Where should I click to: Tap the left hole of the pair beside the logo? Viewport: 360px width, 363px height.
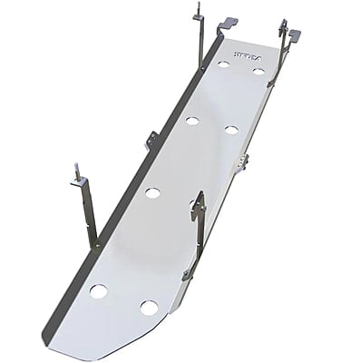tap(223, 64)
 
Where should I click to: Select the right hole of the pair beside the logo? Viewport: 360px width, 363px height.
tap(258, 71)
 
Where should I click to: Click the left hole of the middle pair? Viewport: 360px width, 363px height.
tap(192, 121)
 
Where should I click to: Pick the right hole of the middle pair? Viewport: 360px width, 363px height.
tap(231, 130)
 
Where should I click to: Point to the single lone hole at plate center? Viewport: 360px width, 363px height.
tap(152, 192)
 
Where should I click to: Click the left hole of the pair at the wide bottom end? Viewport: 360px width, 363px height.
tap(98, 291)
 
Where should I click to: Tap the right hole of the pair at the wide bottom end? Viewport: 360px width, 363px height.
tap(149, 307)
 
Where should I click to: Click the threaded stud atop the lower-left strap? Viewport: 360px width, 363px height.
tap(76, 169)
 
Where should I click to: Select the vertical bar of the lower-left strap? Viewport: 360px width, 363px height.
tap(88, 213)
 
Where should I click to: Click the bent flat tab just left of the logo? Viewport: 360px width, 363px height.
tap(227, 23)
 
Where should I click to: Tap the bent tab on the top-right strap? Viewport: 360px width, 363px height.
tap(294, 35)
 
